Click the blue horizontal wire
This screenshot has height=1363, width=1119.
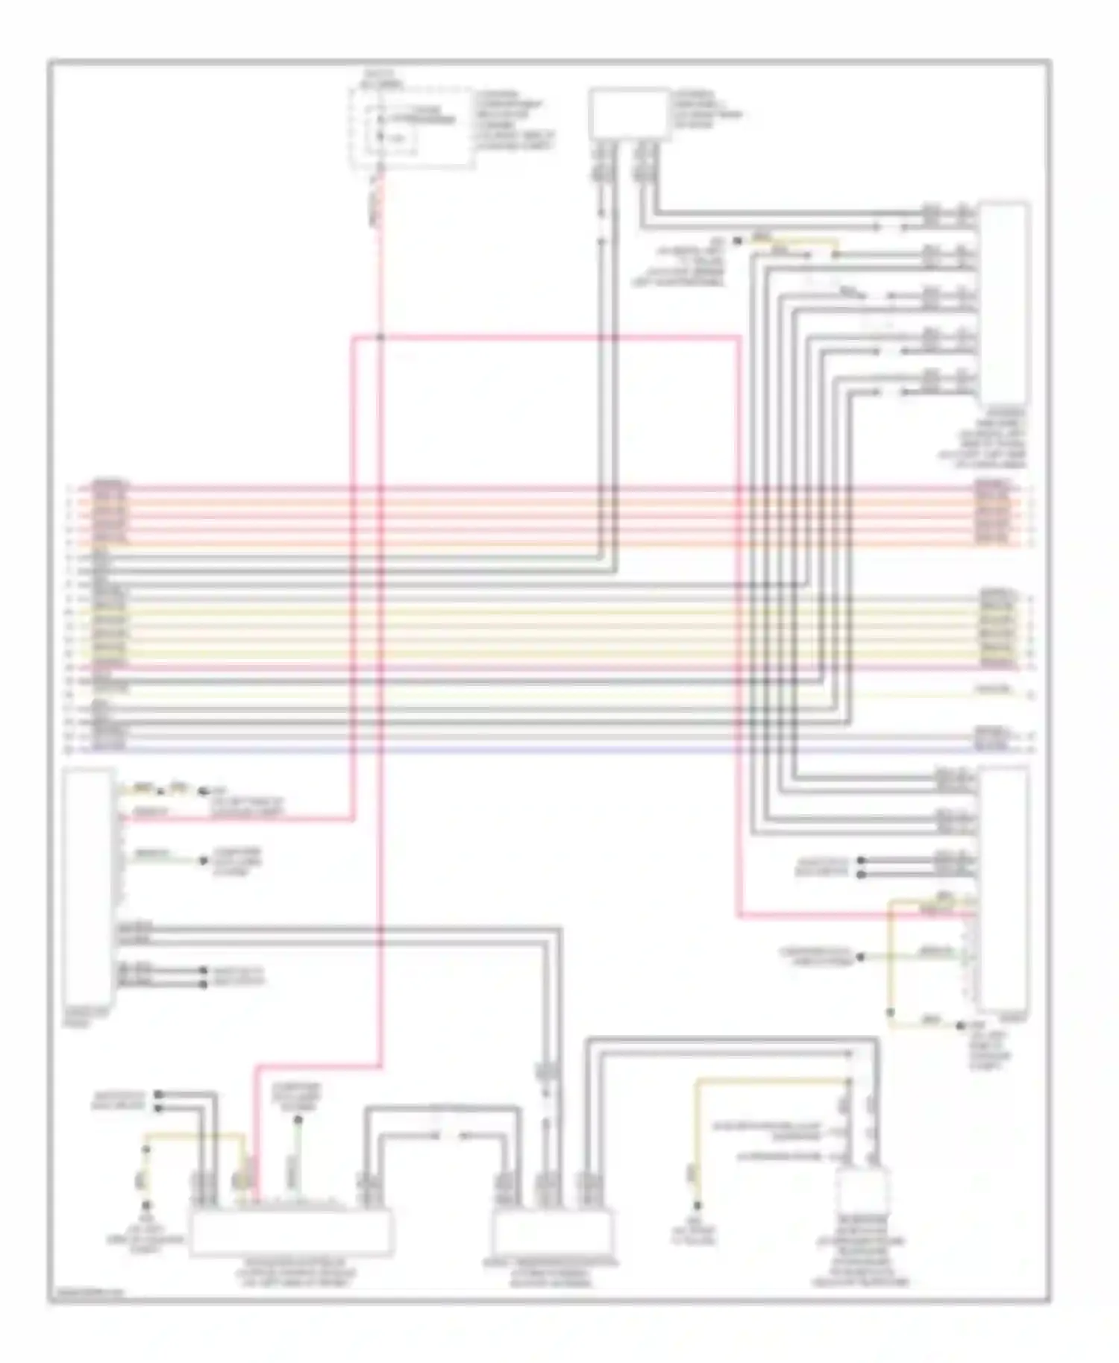[522, 748]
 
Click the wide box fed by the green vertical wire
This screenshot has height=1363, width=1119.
[292, 1233]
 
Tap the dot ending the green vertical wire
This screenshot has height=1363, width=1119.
[298, 1119]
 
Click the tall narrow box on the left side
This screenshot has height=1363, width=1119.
[89, 887]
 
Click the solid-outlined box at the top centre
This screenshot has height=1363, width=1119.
[629, 113]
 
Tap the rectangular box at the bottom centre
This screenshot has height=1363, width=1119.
[552, 1233]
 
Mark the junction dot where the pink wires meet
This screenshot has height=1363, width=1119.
[380, 337]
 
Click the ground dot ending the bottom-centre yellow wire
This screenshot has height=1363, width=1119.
[698, 1206]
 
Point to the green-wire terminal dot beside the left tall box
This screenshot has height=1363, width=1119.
[202, 861]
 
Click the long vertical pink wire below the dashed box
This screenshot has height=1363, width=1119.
[380, 671]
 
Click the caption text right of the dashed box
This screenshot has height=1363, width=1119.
[515, 119]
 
